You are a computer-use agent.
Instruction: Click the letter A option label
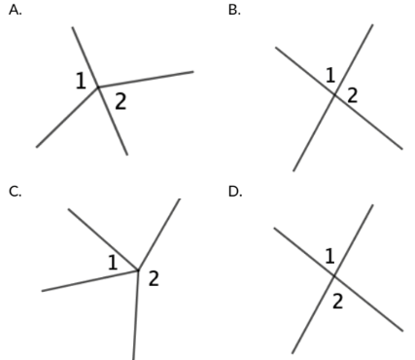pyautogui.click(x=16, y=10)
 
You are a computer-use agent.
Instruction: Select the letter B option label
pyautogui.click(x=234, y=10)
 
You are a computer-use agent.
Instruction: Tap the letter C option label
pyautogui.click(x=16, y=192)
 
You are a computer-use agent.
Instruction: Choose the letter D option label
pyautogui.click(x=235, y=192)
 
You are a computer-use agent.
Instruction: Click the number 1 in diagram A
pyautogui.click(x=81, y=81)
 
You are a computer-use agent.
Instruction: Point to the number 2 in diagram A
pyautogui.click(x=121, y=101)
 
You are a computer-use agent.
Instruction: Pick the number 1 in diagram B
pyautogui.click(x=330, y=75)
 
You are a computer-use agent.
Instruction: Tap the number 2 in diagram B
pyautogui.click(x=352, y=95)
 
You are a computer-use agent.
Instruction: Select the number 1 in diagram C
pyautogui.click(x=113, y=263)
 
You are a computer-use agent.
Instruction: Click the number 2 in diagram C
pyautogui.click(x=154, y=278)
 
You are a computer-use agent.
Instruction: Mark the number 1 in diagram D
pyautogui.click(x=329, y=256)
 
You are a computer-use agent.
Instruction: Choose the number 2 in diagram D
pyautogui.click(x=337, y=302)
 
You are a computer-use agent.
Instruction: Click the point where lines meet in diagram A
pyautogui.click(x=98, y=88)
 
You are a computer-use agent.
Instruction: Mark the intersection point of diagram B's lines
pyautogui.click(x=334, y=94)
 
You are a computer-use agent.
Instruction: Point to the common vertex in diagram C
pyautogui.click(x=138, y=270)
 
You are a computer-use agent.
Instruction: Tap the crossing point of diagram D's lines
pyautogui.click(x=334, y=276)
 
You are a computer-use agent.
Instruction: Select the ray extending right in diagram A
pyautogui.click(x=146, y=80)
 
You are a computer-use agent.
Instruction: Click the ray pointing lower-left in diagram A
pyautogui.click(x=67, y=118)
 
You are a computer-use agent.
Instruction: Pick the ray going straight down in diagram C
pyautogui.click(x=136, y=315)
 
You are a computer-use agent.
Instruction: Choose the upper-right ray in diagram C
pyautogui.click(x=159, y=234)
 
